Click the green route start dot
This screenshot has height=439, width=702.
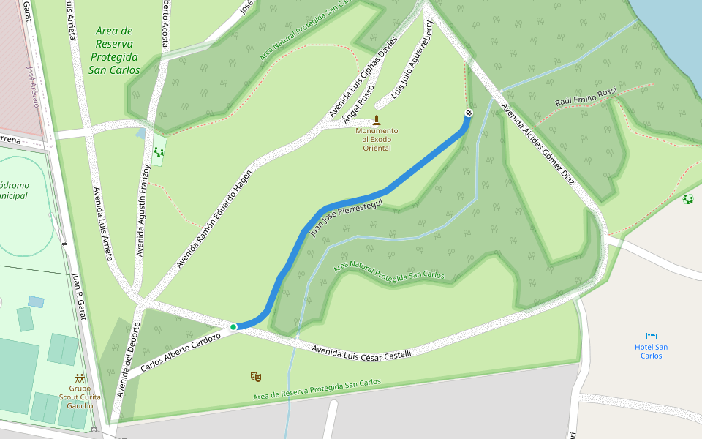pos(233,327)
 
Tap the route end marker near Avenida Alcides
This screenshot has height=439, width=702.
pos(469,113)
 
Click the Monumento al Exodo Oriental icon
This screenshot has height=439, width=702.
pos(377,120)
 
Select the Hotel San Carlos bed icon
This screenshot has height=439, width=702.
pos(652,336)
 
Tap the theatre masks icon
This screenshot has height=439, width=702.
pos(255,377)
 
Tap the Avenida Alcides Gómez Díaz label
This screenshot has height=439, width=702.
pos(533,142)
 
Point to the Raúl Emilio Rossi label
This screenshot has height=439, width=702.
pos(586,97)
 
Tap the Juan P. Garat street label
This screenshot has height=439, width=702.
pos(77,288)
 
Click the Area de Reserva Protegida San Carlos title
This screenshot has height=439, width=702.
pos(114,50)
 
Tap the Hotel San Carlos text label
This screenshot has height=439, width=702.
pos(651,351)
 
